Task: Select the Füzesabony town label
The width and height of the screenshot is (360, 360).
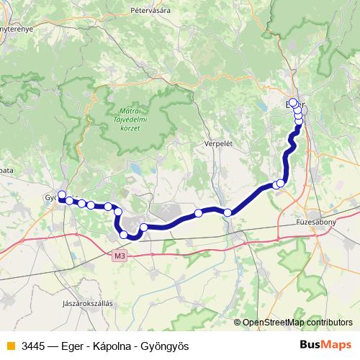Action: [316, 223]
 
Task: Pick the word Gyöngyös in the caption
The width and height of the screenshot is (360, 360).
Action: [163, 346]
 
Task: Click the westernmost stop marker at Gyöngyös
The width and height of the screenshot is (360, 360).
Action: [62, 194]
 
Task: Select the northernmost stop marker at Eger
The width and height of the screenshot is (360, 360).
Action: [293, 103]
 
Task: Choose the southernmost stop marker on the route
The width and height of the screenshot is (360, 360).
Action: [124, 235]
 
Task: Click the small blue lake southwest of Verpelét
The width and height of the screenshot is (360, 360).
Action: [135, 170]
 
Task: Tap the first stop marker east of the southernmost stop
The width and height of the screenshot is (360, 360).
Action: [143, 228]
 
